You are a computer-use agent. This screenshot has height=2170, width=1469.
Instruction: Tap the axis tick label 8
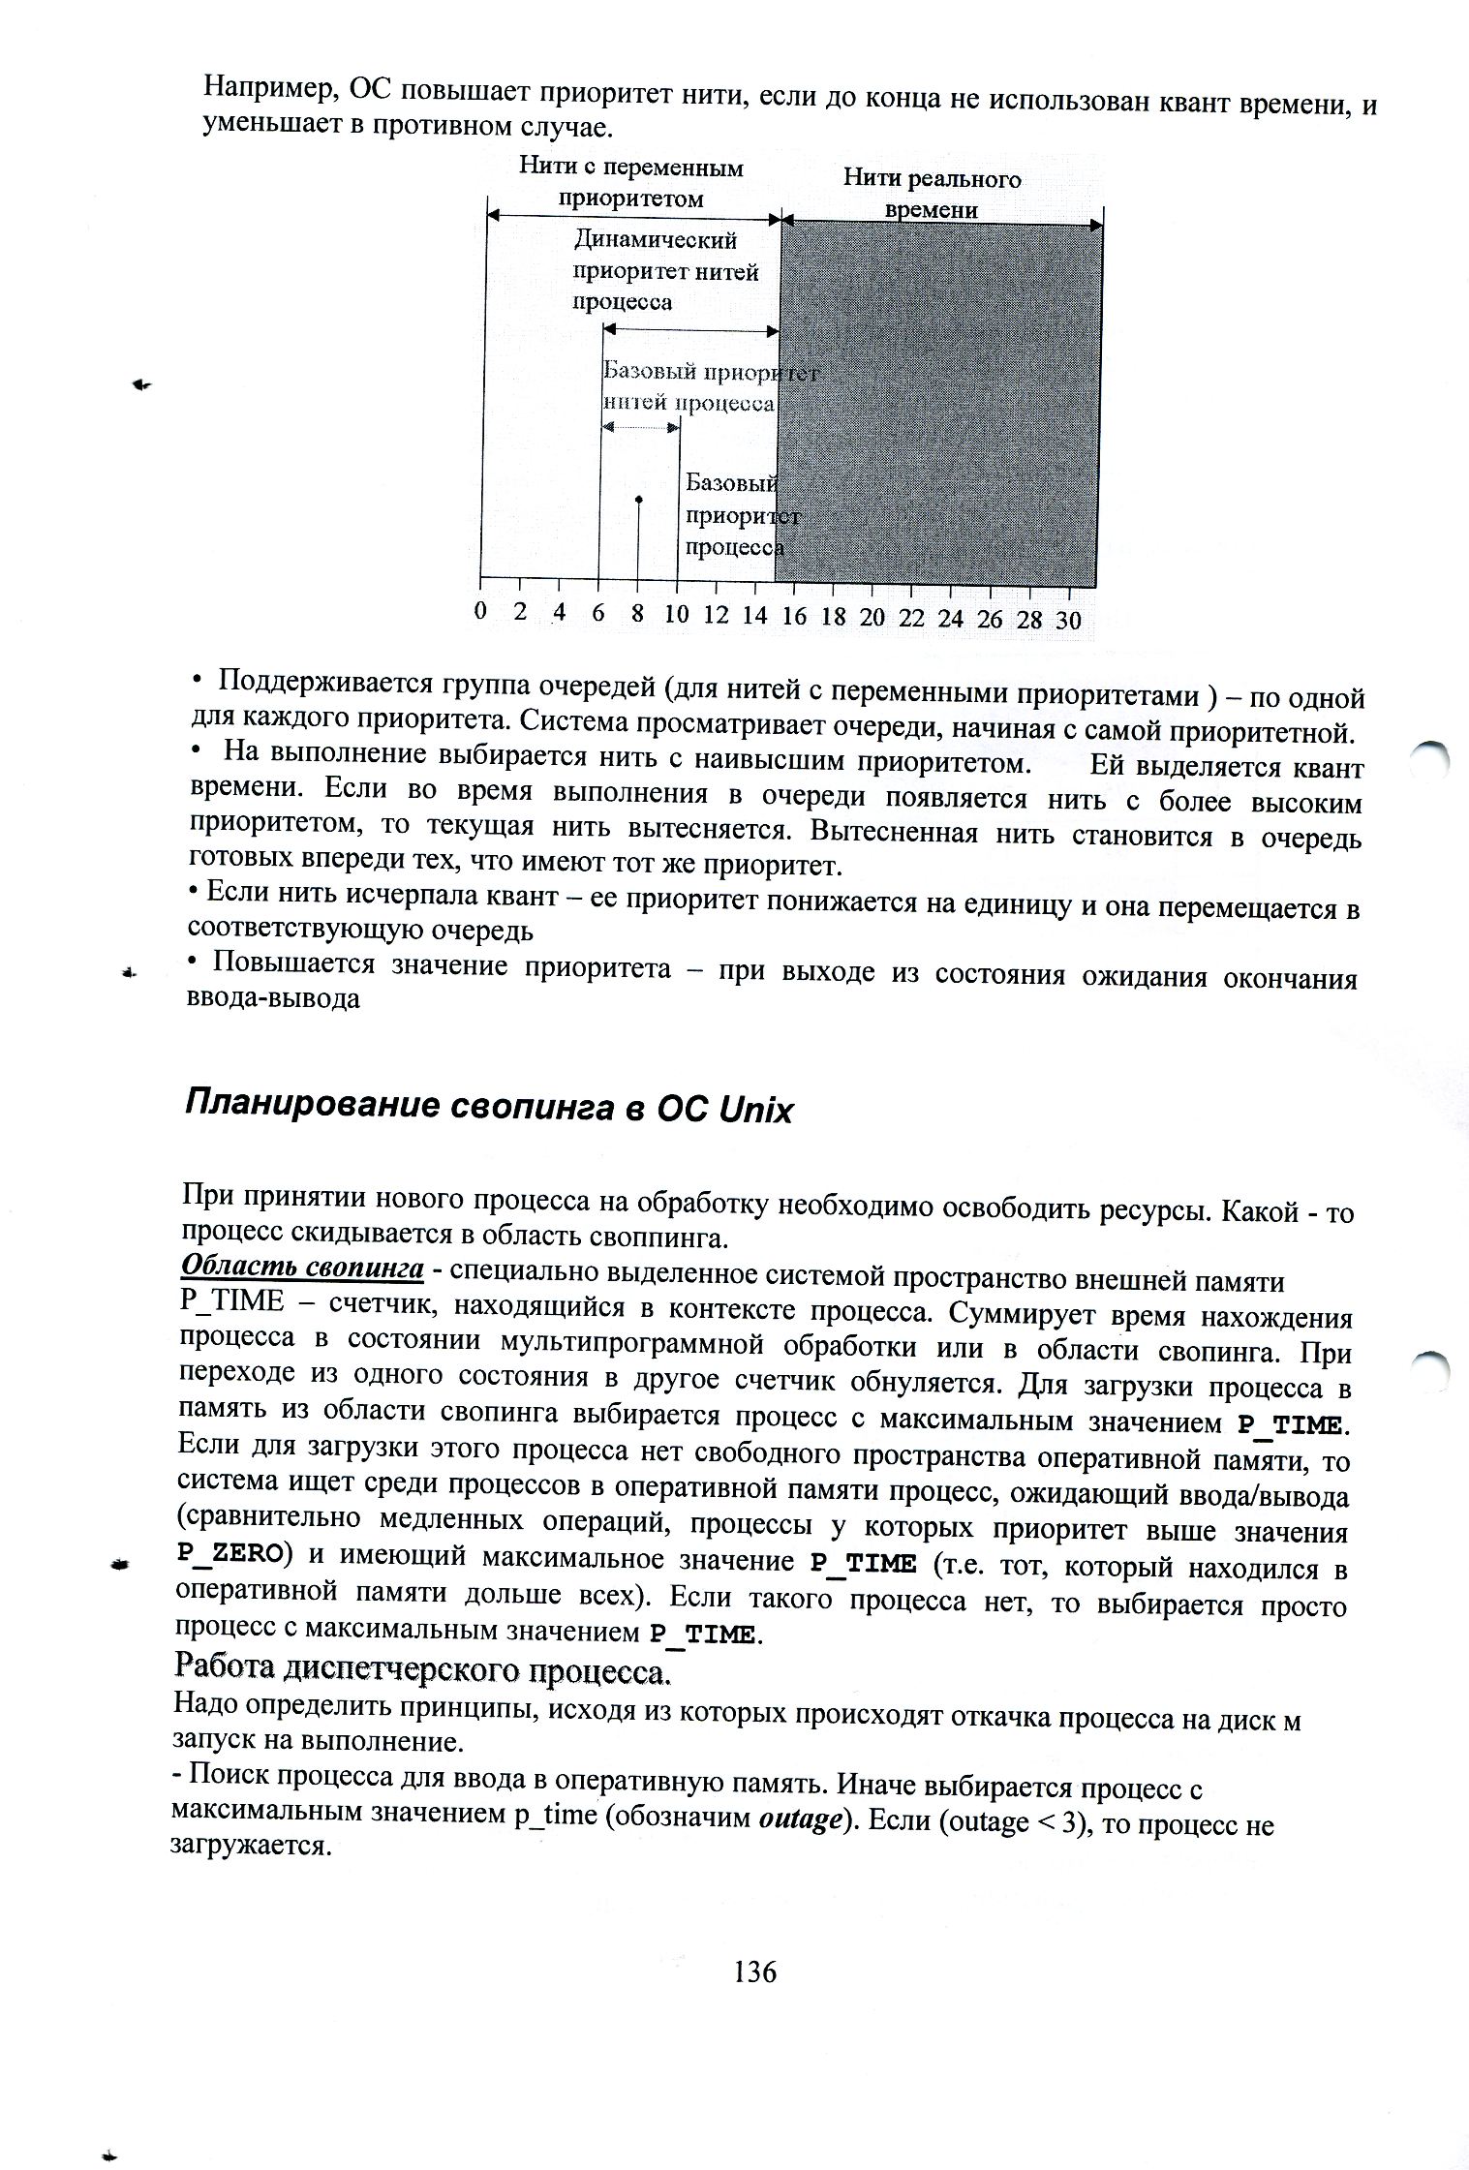637,615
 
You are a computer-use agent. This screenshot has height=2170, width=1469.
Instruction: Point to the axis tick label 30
1068,621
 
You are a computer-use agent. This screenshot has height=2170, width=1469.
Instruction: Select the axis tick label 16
793,617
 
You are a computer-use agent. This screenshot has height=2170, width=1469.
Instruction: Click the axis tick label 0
480,612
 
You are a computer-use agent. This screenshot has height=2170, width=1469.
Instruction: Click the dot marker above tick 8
638,500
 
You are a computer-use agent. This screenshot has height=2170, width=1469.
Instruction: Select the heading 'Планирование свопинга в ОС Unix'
487,1108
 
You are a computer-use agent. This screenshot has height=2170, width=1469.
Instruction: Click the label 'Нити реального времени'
932,194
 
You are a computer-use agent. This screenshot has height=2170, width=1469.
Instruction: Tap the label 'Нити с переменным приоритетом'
630,183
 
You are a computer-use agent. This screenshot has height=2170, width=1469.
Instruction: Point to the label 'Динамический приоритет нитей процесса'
667,270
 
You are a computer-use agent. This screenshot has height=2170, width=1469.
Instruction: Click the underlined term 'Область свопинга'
303,1268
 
